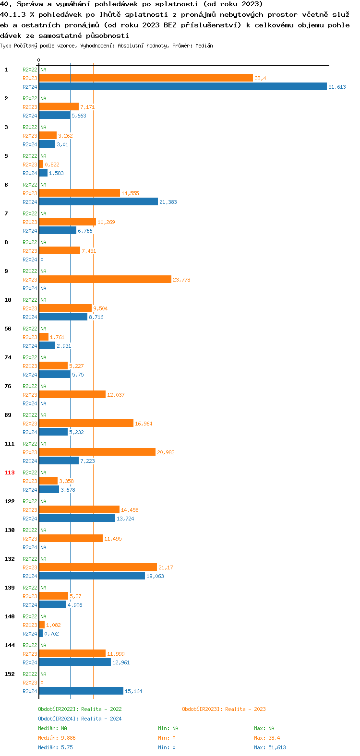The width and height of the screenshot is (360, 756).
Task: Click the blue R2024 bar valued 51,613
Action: tap(182, 87)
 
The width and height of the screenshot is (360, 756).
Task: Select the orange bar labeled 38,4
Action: tap(146, 78)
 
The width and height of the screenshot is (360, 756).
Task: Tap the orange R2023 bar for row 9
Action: tap(105, 280)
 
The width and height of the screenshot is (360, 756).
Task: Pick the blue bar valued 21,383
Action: tap(98, 202)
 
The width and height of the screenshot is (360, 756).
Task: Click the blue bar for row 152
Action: tap(81, 691)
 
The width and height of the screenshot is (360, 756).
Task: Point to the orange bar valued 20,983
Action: tap(97, 452)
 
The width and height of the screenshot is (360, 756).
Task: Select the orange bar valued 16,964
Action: tap(86, 424)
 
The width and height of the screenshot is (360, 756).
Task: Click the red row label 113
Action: tap(10, 472)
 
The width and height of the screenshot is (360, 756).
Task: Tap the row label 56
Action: tap(8, 329)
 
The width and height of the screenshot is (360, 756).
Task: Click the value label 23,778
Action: tap(181, 280)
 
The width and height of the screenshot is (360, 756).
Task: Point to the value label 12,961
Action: tap(121, 662)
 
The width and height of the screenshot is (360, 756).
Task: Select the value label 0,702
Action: tap(51, 634)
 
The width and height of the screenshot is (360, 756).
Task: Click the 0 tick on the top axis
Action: tap(39, 60)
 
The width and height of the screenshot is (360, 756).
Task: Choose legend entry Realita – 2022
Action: tap(80, 709)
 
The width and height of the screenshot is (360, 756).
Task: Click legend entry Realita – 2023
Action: tap(224, 709)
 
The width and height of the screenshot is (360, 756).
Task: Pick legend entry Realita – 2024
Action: tap(80, 719)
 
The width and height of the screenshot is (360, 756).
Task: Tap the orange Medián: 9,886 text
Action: tap(57, 738)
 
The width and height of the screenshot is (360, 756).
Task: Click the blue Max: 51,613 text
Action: tap(270, 747)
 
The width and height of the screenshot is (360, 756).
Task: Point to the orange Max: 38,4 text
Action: tap(267, 738)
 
